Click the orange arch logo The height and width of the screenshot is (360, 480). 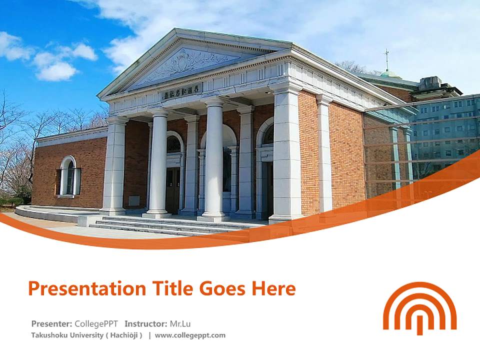419,307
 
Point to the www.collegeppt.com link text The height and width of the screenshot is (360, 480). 190,335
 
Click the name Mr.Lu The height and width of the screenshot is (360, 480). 180,323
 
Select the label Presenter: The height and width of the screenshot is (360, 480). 51,323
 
